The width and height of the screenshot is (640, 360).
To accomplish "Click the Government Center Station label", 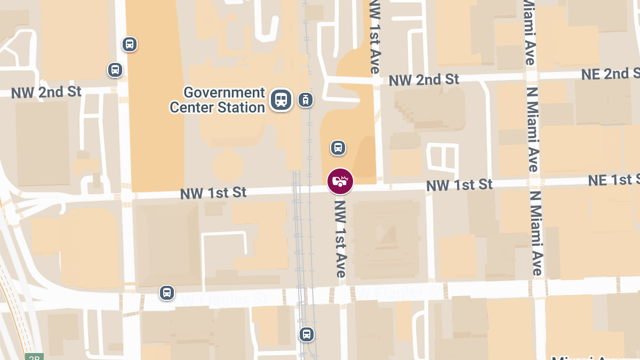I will pos(217,100).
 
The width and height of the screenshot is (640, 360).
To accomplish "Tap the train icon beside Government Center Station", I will pos(281,99).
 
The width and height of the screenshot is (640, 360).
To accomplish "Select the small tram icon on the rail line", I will pos(306,99).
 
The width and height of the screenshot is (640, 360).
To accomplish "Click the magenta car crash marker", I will pos(340,181).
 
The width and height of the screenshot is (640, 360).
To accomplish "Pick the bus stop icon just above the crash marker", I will pos(338,147).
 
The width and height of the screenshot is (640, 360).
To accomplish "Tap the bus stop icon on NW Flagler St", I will pos(167,292).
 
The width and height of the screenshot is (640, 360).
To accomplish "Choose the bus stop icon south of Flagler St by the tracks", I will pos(306,334).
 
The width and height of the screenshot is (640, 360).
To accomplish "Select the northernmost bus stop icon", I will pos(129,44).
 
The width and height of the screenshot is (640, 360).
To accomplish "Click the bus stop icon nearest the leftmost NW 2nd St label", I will pos(115,69).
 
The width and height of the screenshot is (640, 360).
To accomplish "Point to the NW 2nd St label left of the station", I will pos(46,92).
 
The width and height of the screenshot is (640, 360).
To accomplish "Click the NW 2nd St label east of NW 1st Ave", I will pos(424,80).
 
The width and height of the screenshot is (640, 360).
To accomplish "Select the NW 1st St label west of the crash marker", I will pos(213,193).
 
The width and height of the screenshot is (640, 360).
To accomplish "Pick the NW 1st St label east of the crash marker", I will pos(459,185).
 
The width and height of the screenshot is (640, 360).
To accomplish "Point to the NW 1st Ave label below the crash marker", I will pos(340,237).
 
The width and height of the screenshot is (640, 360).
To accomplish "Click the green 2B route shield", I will pos(34,357).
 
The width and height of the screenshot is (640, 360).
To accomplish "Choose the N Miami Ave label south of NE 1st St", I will pos(537,235).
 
